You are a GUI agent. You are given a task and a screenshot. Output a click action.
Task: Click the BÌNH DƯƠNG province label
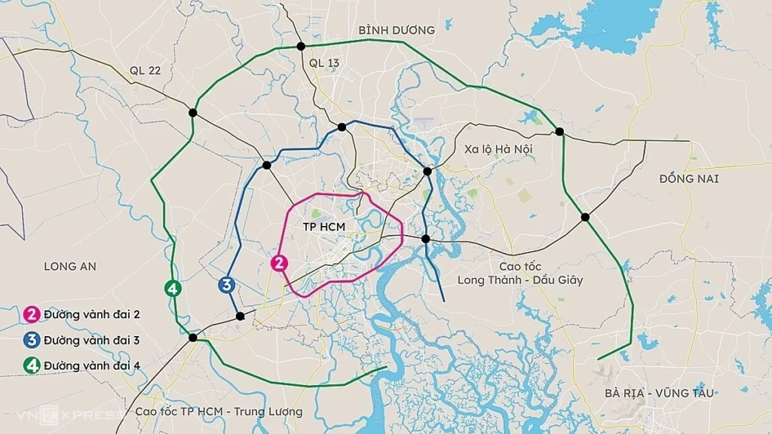(397, 30)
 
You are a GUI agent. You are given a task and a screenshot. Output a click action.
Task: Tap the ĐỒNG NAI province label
(688, 179)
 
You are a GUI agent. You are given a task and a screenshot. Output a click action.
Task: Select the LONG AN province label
(70, 266)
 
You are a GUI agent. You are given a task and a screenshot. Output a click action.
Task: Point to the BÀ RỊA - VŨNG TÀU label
(659, 393)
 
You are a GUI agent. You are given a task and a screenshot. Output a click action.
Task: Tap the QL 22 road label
(145, 70)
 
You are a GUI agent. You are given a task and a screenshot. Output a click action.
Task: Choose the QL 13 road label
(324, 63)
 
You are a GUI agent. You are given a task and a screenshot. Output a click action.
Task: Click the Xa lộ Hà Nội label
(498, 149)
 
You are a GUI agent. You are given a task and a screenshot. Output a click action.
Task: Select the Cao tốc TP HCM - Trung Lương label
(219, 411)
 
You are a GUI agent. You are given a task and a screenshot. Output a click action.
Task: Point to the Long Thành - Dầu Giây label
(519, 280)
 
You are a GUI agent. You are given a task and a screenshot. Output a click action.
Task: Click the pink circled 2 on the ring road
(279, 263)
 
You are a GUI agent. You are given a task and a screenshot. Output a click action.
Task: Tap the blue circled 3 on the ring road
(225, 285)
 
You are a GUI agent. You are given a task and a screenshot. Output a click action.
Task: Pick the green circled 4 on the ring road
(173, 288)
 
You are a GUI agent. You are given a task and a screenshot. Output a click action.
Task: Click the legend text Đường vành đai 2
(91, 314)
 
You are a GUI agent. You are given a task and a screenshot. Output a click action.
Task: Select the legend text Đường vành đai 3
(91, 340)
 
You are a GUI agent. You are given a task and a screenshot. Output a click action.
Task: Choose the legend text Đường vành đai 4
(91, 365)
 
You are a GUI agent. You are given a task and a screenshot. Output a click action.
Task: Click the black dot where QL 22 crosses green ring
(193, 113)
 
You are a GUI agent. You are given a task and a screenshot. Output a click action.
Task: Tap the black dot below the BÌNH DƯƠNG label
(301, 47)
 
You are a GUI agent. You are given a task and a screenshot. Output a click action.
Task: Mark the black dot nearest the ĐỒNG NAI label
(585, 217)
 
